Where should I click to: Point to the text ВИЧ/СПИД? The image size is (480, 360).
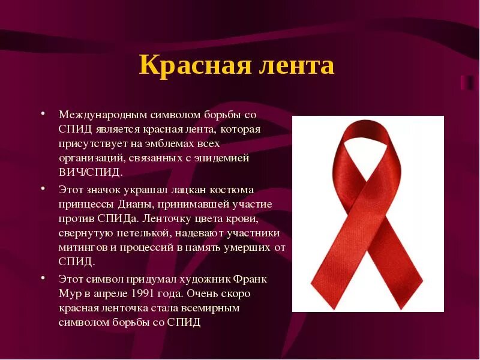tap(90, 172)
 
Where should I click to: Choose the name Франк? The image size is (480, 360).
tap(251, 280)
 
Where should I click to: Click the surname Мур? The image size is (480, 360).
tap(68, 294)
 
